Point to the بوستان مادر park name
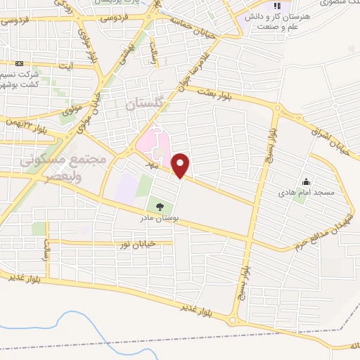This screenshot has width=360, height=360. tap(160, 219)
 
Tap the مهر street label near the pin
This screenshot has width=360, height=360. tap(150, 161)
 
